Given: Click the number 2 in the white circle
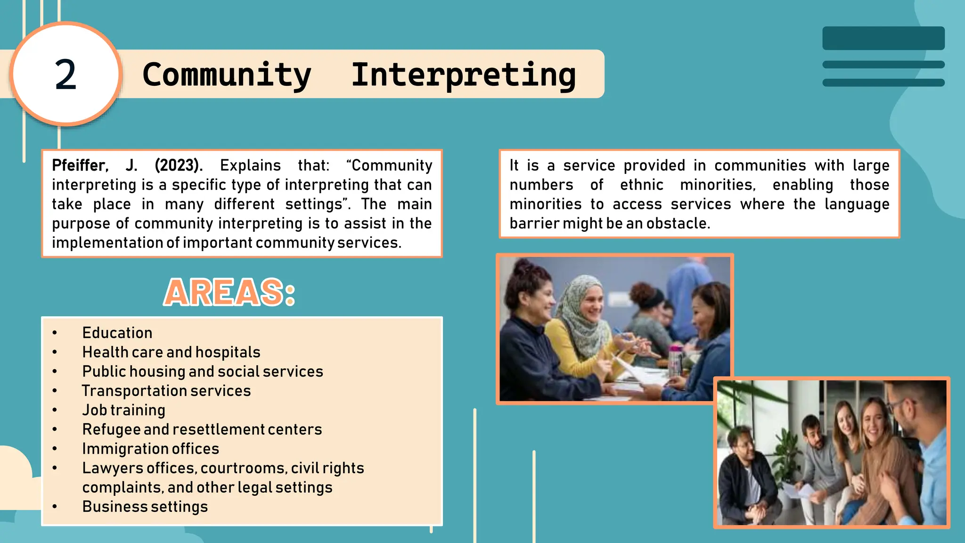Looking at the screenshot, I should (x=65, y=75).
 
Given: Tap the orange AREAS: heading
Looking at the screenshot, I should (x=229, y=293).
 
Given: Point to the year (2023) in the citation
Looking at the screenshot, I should (x=179, y=165).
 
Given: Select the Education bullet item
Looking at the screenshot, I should (x=117, y=333).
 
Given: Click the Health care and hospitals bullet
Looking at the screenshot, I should (x=171, y=352).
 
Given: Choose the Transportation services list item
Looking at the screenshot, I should (x=166, y=391).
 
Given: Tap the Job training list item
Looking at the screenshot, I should (x=123, y=410).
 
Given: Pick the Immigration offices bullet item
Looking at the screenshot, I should (x=150, y=449).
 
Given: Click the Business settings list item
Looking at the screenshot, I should (x=145, y=507).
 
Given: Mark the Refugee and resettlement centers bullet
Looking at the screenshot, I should (x=202, y=429).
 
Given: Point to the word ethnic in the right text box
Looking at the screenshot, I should (x=641, y=185).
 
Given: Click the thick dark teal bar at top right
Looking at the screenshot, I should (x=883, y=38).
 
